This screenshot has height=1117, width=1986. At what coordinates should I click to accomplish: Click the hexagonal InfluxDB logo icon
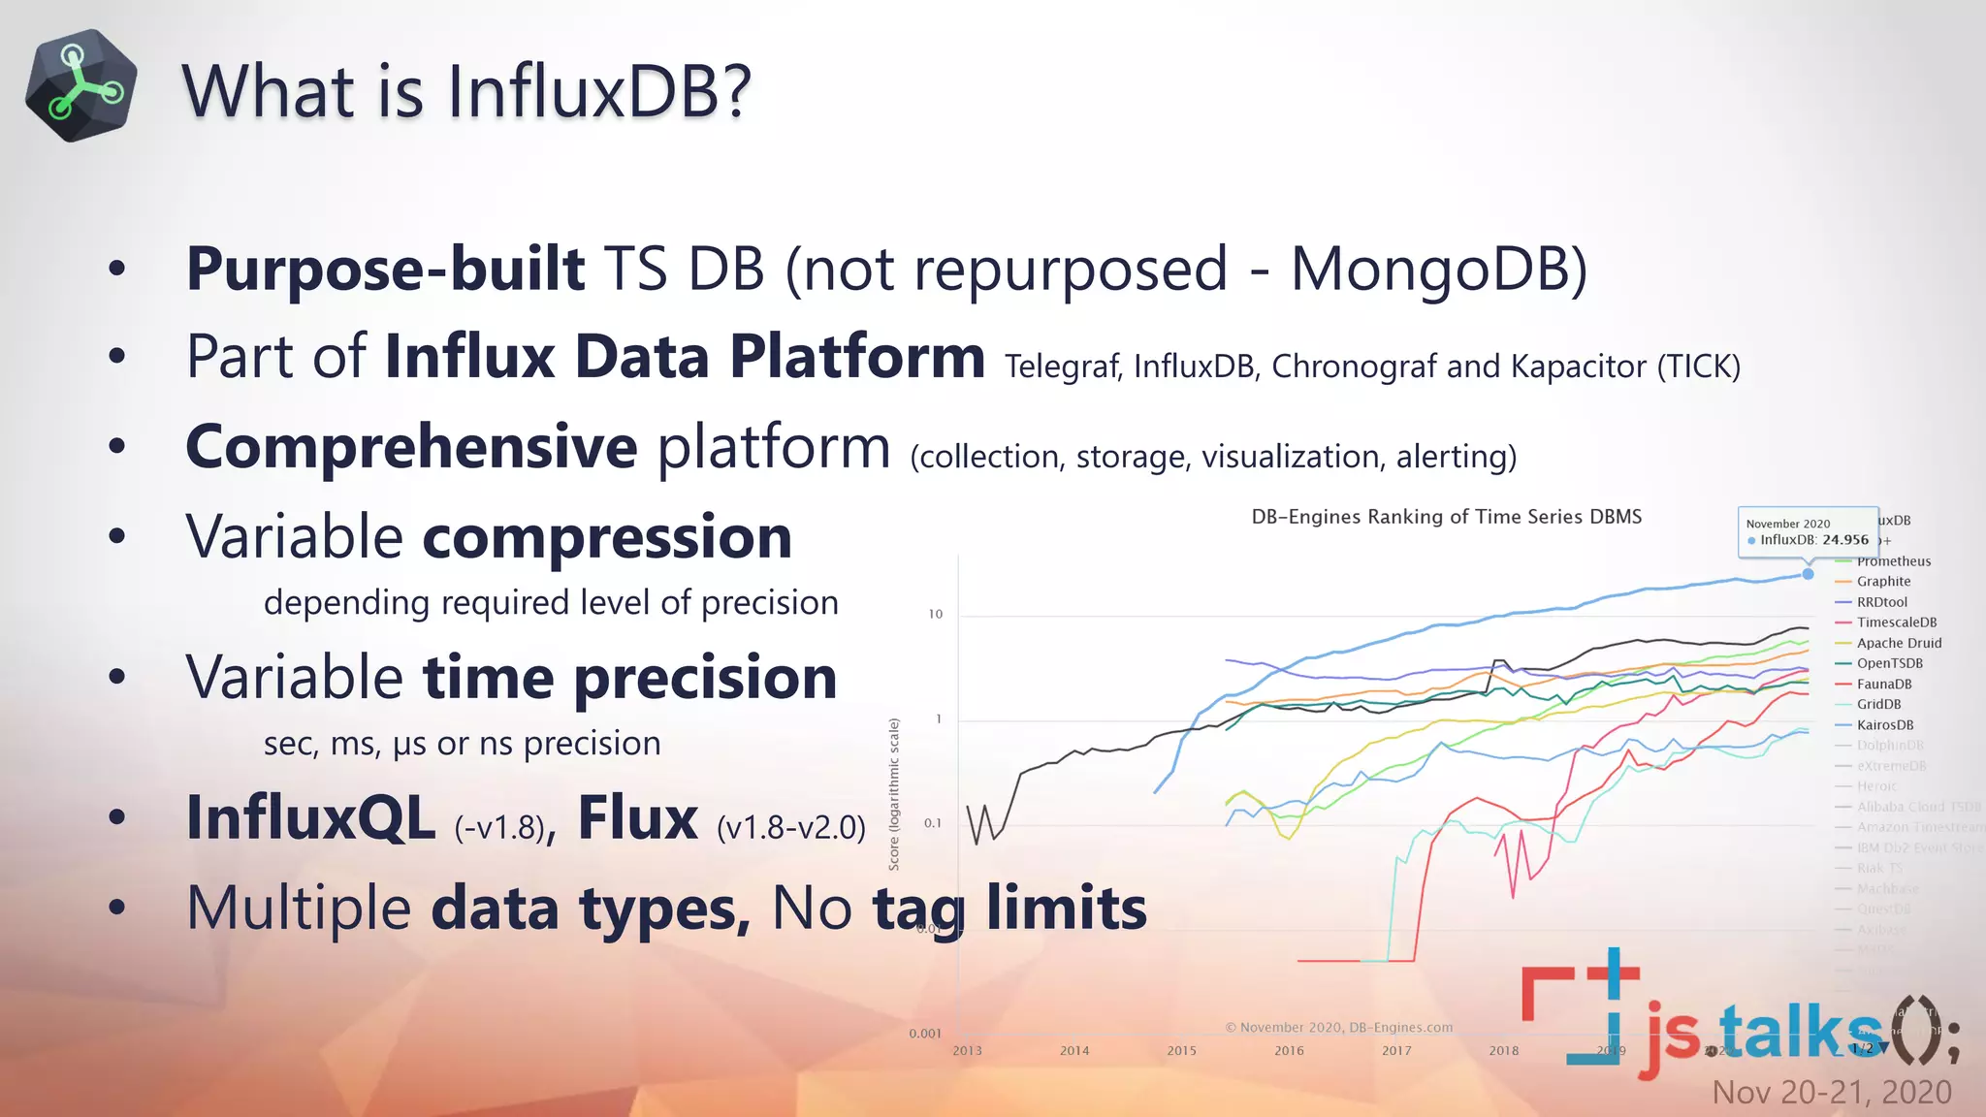(81, 86)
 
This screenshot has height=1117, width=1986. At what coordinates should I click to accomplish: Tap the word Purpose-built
(385, 269)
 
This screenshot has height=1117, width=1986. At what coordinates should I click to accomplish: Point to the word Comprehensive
(411, 447)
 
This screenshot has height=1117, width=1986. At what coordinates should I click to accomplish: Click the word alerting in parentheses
(1455, 456)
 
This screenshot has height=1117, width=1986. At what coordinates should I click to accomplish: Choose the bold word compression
(607, 537)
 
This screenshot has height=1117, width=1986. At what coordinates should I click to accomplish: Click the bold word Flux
(637, 818)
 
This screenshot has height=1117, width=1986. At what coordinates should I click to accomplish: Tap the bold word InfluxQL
(310, 818)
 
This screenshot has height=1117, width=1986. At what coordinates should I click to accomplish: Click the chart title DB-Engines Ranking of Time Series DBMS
(1446, 517)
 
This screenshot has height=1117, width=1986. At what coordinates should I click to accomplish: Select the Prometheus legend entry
(1893, 561)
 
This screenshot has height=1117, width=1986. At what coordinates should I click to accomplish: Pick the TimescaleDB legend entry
(1896, 622)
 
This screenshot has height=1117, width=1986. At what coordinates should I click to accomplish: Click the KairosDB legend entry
(1884, 725)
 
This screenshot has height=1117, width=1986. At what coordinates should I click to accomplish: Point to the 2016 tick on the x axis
(1289, 1051)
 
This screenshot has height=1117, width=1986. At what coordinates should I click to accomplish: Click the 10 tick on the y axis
(935, 614)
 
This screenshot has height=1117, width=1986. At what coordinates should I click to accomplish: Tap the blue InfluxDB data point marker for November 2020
(1808, 574)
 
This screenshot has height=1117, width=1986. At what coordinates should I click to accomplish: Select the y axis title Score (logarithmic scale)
(894, 794)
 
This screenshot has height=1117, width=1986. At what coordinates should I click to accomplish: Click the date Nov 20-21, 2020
(1831, 1093)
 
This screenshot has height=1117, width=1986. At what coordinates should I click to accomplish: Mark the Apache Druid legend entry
(1899, 643)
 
